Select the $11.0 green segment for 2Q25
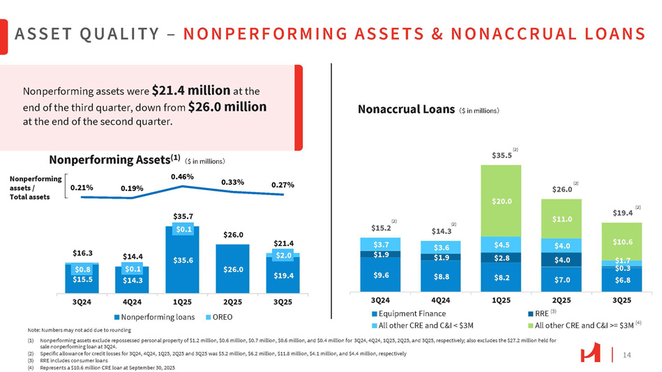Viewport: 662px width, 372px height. point(561,219)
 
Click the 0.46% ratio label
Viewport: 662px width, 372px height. point(182,178)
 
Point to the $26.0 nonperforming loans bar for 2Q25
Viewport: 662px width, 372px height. point(232,268)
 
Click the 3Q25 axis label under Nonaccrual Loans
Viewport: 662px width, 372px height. point(621,300)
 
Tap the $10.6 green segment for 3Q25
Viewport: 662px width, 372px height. point(621,242)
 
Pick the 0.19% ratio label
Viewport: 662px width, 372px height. point(132,187)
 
